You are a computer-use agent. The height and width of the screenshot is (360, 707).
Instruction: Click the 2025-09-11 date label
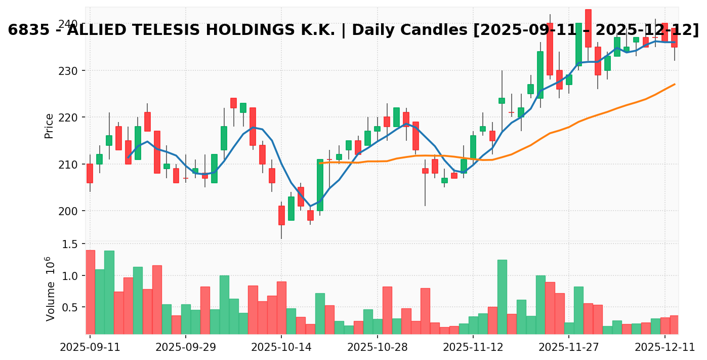coord(90,348)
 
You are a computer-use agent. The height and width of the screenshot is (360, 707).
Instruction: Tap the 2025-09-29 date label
coord(186,348)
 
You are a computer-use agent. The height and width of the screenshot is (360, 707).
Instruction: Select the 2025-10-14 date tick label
coord(281,348)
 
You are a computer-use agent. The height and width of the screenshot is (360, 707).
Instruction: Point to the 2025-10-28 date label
coord(377,348)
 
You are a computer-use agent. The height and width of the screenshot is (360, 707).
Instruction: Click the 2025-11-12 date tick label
coord(473,348)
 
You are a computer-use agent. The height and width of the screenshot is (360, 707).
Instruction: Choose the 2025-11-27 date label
coord(568,348)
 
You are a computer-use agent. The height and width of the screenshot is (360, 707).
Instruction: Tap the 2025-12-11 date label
coord(664,348)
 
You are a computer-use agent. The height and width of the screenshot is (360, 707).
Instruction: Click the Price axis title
coord(49,126)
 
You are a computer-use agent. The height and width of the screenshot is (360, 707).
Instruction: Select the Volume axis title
coord(50,289)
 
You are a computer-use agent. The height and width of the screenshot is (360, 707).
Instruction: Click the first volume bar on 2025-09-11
coord(90,292)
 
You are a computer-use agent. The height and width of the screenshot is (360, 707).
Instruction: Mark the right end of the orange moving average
coord(674,85)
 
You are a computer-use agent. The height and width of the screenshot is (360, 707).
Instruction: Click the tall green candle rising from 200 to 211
coord(320,185)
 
